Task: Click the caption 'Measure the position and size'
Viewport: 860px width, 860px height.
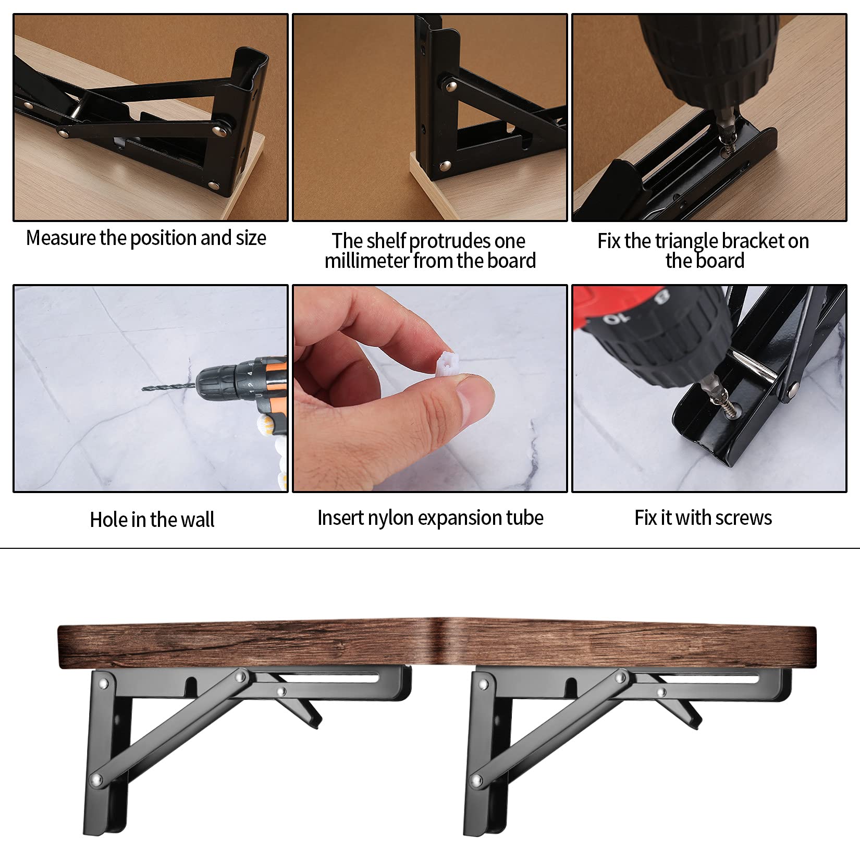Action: [x=146, y=238]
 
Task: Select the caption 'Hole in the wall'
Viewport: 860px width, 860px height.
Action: [x=152, y=520]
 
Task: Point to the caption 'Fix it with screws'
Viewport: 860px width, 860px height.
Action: [x=703, y=518]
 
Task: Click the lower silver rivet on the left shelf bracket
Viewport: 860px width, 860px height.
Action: [x=96, y=780]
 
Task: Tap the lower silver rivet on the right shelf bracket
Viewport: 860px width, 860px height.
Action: [x=476, y=781]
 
